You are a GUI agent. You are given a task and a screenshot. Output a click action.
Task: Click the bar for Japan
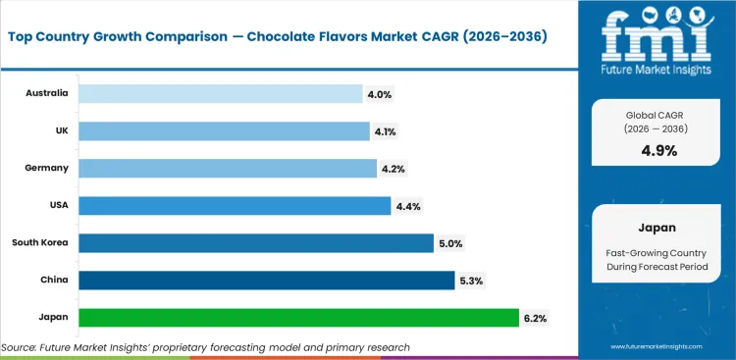point(298,318)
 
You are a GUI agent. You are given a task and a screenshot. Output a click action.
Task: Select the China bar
point(266,281)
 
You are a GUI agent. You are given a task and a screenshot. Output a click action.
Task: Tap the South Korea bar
point(255,243)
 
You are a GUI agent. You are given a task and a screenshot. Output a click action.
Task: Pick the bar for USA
point(234,206)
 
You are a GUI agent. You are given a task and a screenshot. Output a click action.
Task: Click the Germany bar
point(227,169)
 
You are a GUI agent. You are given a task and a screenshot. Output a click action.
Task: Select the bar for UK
point(224,131)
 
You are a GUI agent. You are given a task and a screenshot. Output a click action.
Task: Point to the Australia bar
point(220,94)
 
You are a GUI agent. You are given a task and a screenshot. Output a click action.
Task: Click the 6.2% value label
point(535,318)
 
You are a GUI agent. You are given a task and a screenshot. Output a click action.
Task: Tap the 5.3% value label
point(470,281)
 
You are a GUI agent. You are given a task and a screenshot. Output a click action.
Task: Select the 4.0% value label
point(379,94)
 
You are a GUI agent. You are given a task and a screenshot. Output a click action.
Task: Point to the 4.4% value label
point(406,206)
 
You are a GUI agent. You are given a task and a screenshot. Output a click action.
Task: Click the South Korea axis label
point(40,242)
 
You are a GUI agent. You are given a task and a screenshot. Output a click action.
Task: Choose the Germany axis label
point(47,168)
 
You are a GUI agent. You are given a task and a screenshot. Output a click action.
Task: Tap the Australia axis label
point(47,93)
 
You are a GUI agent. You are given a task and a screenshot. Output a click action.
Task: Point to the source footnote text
point(205,347)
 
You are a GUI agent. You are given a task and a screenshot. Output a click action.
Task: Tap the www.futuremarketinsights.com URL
point(657,347)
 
